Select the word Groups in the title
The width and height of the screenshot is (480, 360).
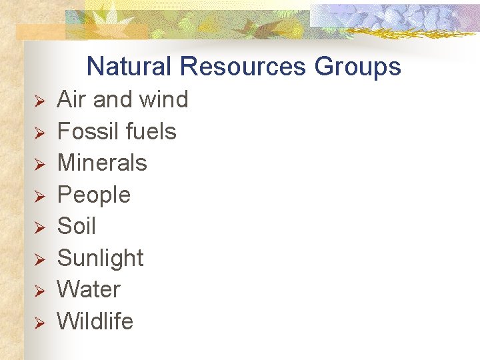coord(358,67)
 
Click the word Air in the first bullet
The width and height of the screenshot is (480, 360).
coord(72,100)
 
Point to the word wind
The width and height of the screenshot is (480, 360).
coord(162,100)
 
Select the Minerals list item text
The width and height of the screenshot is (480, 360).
coord(102,163)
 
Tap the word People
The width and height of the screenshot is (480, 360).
coord(94,195)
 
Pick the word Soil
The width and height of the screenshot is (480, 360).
coord(77,227)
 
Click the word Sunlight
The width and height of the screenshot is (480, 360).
coord(101,258)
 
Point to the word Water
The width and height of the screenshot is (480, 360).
coord(89,290)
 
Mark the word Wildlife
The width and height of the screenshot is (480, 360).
coord(95,321)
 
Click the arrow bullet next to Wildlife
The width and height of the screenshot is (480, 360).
coord(39,323)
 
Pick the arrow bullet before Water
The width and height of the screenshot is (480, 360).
coord(39,291)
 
